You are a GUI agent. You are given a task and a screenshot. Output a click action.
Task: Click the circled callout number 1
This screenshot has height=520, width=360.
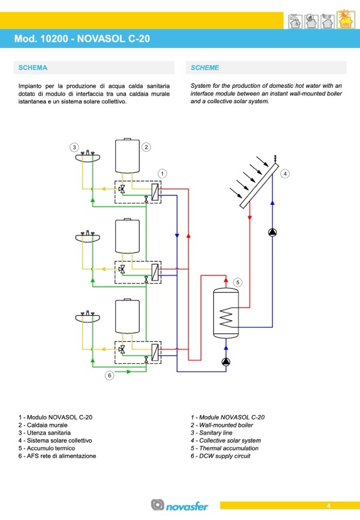point(162,173)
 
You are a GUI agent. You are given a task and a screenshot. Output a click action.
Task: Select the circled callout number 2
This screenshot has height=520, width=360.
point(146,147)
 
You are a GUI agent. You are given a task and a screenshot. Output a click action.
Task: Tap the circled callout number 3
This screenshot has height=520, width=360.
point(74,147)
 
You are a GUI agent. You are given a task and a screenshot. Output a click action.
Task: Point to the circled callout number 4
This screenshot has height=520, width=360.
point(285,173)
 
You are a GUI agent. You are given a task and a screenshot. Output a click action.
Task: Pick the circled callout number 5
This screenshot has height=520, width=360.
point(238,283)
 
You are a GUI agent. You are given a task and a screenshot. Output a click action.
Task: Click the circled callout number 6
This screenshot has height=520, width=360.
point(109,375)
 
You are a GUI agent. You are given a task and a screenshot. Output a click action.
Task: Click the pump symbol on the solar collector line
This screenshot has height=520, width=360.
point(272,232)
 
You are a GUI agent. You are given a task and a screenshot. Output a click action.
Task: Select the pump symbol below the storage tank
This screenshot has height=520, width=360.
point(226,362)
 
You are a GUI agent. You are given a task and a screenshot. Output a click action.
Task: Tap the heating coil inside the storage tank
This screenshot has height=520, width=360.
point(227,316)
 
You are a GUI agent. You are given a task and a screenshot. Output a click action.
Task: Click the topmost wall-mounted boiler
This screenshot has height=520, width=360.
point(127,156)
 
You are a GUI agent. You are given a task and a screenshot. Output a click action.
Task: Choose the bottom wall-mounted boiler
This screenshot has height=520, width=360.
point(127,316)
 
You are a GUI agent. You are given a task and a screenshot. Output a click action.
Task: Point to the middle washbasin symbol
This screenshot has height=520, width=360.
point(88,237)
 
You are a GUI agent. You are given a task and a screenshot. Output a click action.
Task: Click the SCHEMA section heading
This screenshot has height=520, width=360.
point(33,68)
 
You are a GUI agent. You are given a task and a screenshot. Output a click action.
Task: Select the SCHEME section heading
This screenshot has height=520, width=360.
point(205,68)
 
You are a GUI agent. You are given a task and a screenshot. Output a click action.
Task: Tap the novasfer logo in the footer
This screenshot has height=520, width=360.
point(179,505)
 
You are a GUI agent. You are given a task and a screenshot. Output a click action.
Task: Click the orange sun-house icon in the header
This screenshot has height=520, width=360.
point(345,19)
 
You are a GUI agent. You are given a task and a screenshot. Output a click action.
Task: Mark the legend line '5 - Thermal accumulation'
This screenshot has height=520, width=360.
point(224,449)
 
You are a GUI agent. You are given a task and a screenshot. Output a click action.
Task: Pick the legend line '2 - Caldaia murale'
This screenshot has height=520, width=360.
point(43,425)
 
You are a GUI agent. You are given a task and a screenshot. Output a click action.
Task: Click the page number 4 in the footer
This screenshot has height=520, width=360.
point(328,506)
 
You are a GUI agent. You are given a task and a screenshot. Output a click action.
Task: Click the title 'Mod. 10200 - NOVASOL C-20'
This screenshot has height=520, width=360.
point(82,39)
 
